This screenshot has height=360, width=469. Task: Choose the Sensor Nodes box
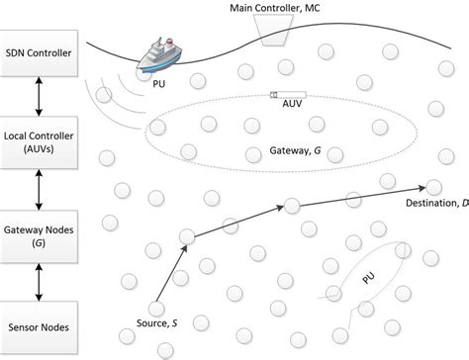38,323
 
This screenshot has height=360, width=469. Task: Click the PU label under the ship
159,85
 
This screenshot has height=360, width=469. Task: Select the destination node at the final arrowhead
434,185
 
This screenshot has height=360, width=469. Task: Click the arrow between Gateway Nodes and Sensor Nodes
38,279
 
